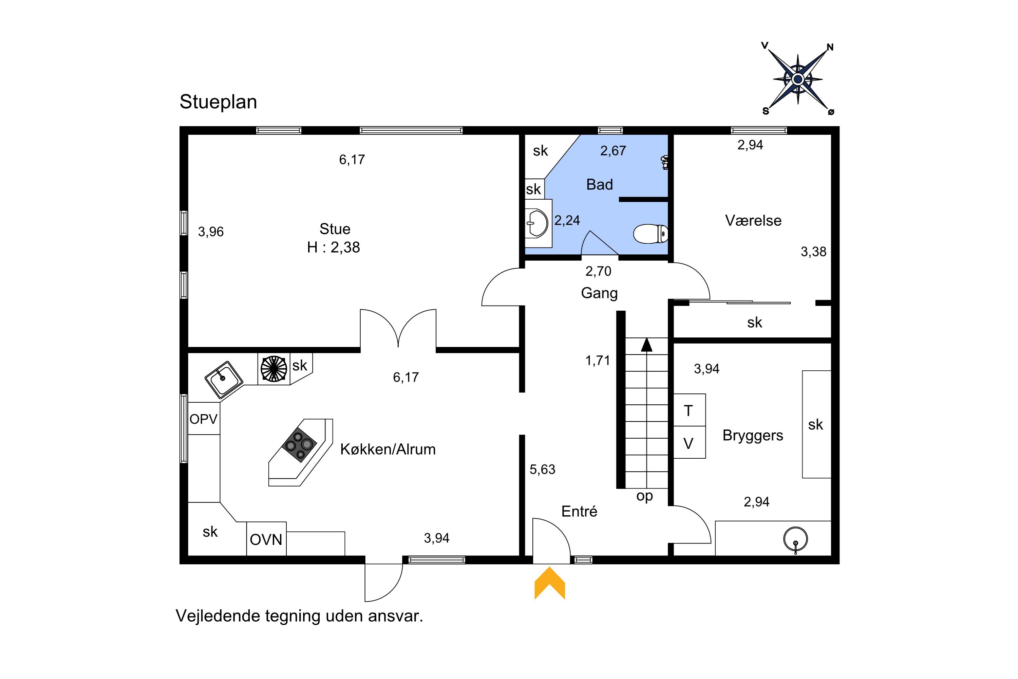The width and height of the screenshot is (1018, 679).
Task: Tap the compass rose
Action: [798, 79]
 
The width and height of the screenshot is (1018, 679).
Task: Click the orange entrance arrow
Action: [550, 583]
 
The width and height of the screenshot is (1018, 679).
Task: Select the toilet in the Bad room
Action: [651, 234]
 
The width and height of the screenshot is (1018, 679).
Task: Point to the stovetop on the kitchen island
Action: [299, 445]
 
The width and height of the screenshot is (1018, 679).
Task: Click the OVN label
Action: [266, 539]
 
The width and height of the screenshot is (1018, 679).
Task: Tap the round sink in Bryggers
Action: [795, 539]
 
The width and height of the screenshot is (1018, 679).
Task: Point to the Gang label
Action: [599, 294]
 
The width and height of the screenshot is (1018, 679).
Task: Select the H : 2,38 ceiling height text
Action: [333, 247]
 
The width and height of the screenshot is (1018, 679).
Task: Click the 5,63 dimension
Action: [542, 470]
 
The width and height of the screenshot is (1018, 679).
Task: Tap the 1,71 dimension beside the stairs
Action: [598, 360]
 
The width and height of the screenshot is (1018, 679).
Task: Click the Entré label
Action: [579, 511]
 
